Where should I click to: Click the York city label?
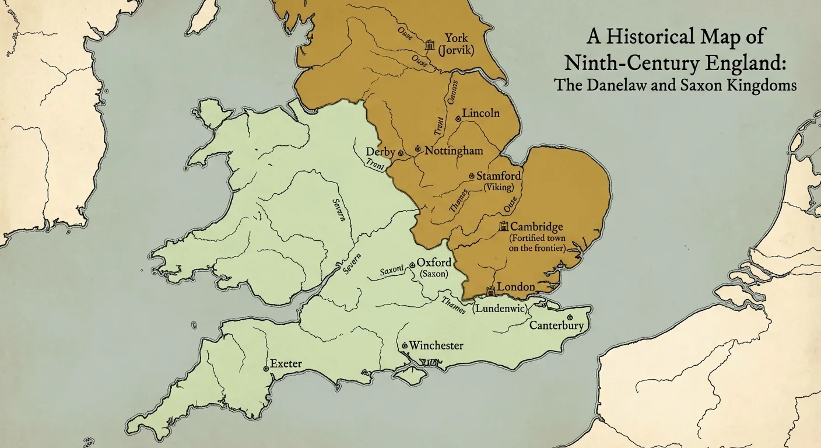pyautogui.click(x=456, y=38)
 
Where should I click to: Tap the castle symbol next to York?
pyautogui.click(x=431, y=44)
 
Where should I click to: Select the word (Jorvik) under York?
pyautogui.click(x=456, y=51)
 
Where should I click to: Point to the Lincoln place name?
pyautogui.click(x=480, y=113)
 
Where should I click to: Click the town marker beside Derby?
pyautogui.click(x=401, y=153)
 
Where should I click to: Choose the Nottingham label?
pyautogui.click(x=454, y=150)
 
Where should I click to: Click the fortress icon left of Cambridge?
pyautogui.click(x=503, y=226)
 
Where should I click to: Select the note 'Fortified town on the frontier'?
pyautogui.click(x=537, y=243)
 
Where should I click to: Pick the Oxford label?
pyautogui.click(x=433, y=263)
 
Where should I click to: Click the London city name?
pyautogui.click(x=515, y=287)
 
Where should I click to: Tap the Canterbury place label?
pyautogui.click(x=556, y=325)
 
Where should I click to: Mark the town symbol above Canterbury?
pyautogui.click(x=569, y=316)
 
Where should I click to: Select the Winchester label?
pyautogui.click(x=436, y=346)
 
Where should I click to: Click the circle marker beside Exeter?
pyautogui.click(x=266, y=369)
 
